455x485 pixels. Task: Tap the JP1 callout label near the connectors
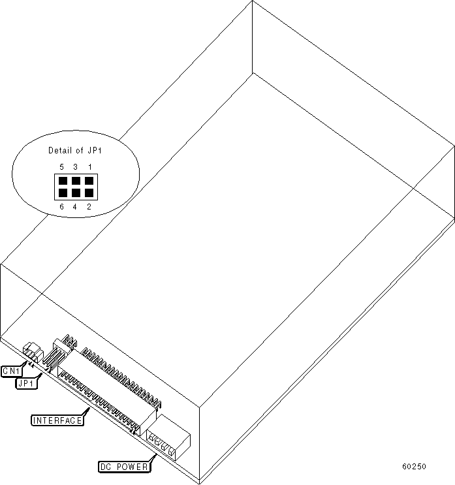pos(26,383)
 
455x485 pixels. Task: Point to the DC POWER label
pos(123,467)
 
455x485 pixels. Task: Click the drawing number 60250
pos(414,466)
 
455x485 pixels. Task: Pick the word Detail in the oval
pos(59,151)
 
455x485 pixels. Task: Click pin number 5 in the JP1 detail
pos(61,167)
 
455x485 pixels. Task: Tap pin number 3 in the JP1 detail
pos(75,167)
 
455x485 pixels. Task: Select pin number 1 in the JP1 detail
pos(89,167)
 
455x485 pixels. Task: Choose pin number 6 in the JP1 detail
pos(61,207)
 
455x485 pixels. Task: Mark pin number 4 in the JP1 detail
pos(75,207)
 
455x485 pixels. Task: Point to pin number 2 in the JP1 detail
pos(89,207)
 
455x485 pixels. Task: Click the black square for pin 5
pos(62,181)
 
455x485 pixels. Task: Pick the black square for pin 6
pos(62,193)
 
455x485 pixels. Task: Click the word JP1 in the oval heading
pos(95,151)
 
